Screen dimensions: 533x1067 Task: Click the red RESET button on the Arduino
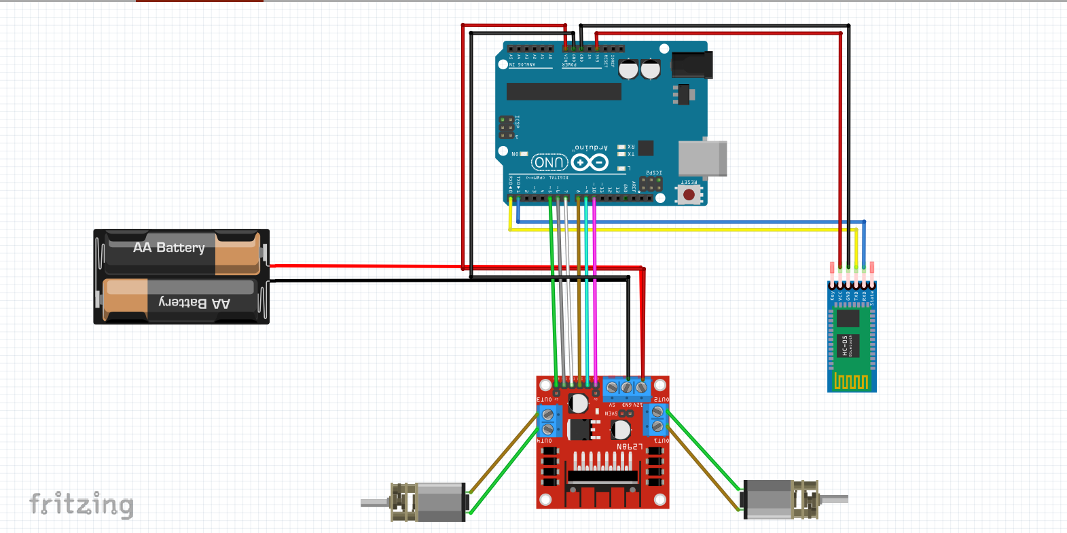(x=689, y=195)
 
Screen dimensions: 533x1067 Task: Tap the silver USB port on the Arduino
(x=702, y=158)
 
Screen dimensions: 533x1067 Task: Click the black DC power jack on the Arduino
(x=691, y=65)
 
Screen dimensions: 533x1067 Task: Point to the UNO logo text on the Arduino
(x=549, y=162)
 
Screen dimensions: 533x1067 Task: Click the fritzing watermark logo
(x=82, y=504)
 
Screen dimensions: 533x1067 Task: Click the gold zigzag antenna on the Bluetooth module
(x=851, y=382)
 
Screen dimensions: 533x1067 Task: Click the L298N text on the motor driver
(x=629, y=446)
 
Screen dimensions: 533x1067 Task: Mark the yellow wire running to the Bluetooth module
(x=679, y=230)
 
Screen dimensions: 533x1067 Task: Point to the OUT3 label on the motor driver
(x=544, y=400)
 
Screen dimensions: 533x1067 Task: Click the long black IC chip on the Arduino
(x=564, y=92)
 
